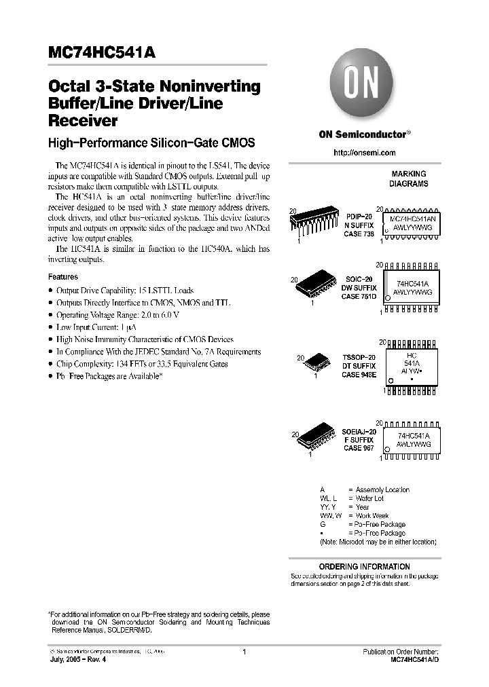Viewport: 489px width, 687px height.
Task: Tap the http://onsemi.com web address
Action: (364, 153)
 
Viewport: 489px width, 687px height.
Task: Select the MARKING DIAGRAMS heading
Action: (408, 179)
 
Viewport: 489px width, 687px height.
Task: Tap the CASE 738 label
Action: (358, 233)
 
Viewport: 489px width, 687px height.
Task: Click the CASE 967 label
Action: (357, 448)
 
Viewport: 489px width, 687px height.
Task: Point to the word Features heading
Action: (63, 277)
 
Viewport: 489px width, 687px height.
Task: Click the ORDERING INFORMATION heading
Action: (365, 566)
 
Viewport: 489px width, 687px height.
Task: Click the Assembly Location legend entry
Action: (382, 489)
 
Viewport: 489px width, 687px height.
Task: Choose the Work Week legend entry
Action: (372, 516)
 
